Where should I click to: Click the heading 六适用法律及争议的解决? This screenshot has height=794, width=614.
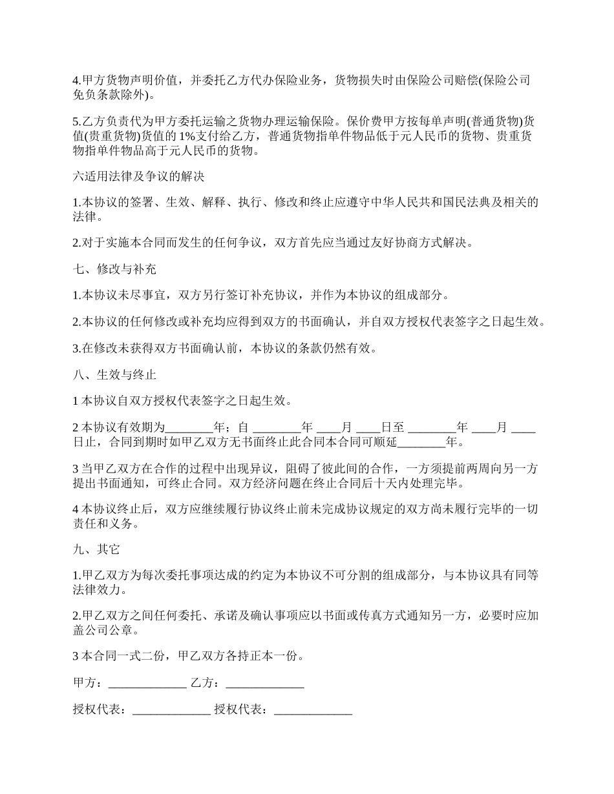click(139, 175)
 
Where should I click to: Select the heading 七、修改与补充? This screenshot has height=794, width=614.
click(114, 269)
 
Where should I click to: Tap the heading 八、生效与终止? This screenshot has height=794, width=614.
click(114, 374)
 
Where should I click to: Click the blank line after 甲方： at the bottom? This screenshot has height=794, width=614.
click(147, 683)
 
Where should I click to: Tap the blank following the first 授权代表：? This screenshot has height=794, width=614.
click(171, 709)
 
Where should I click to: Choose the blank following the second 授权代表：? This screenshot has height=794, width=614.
click(313, 709)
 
